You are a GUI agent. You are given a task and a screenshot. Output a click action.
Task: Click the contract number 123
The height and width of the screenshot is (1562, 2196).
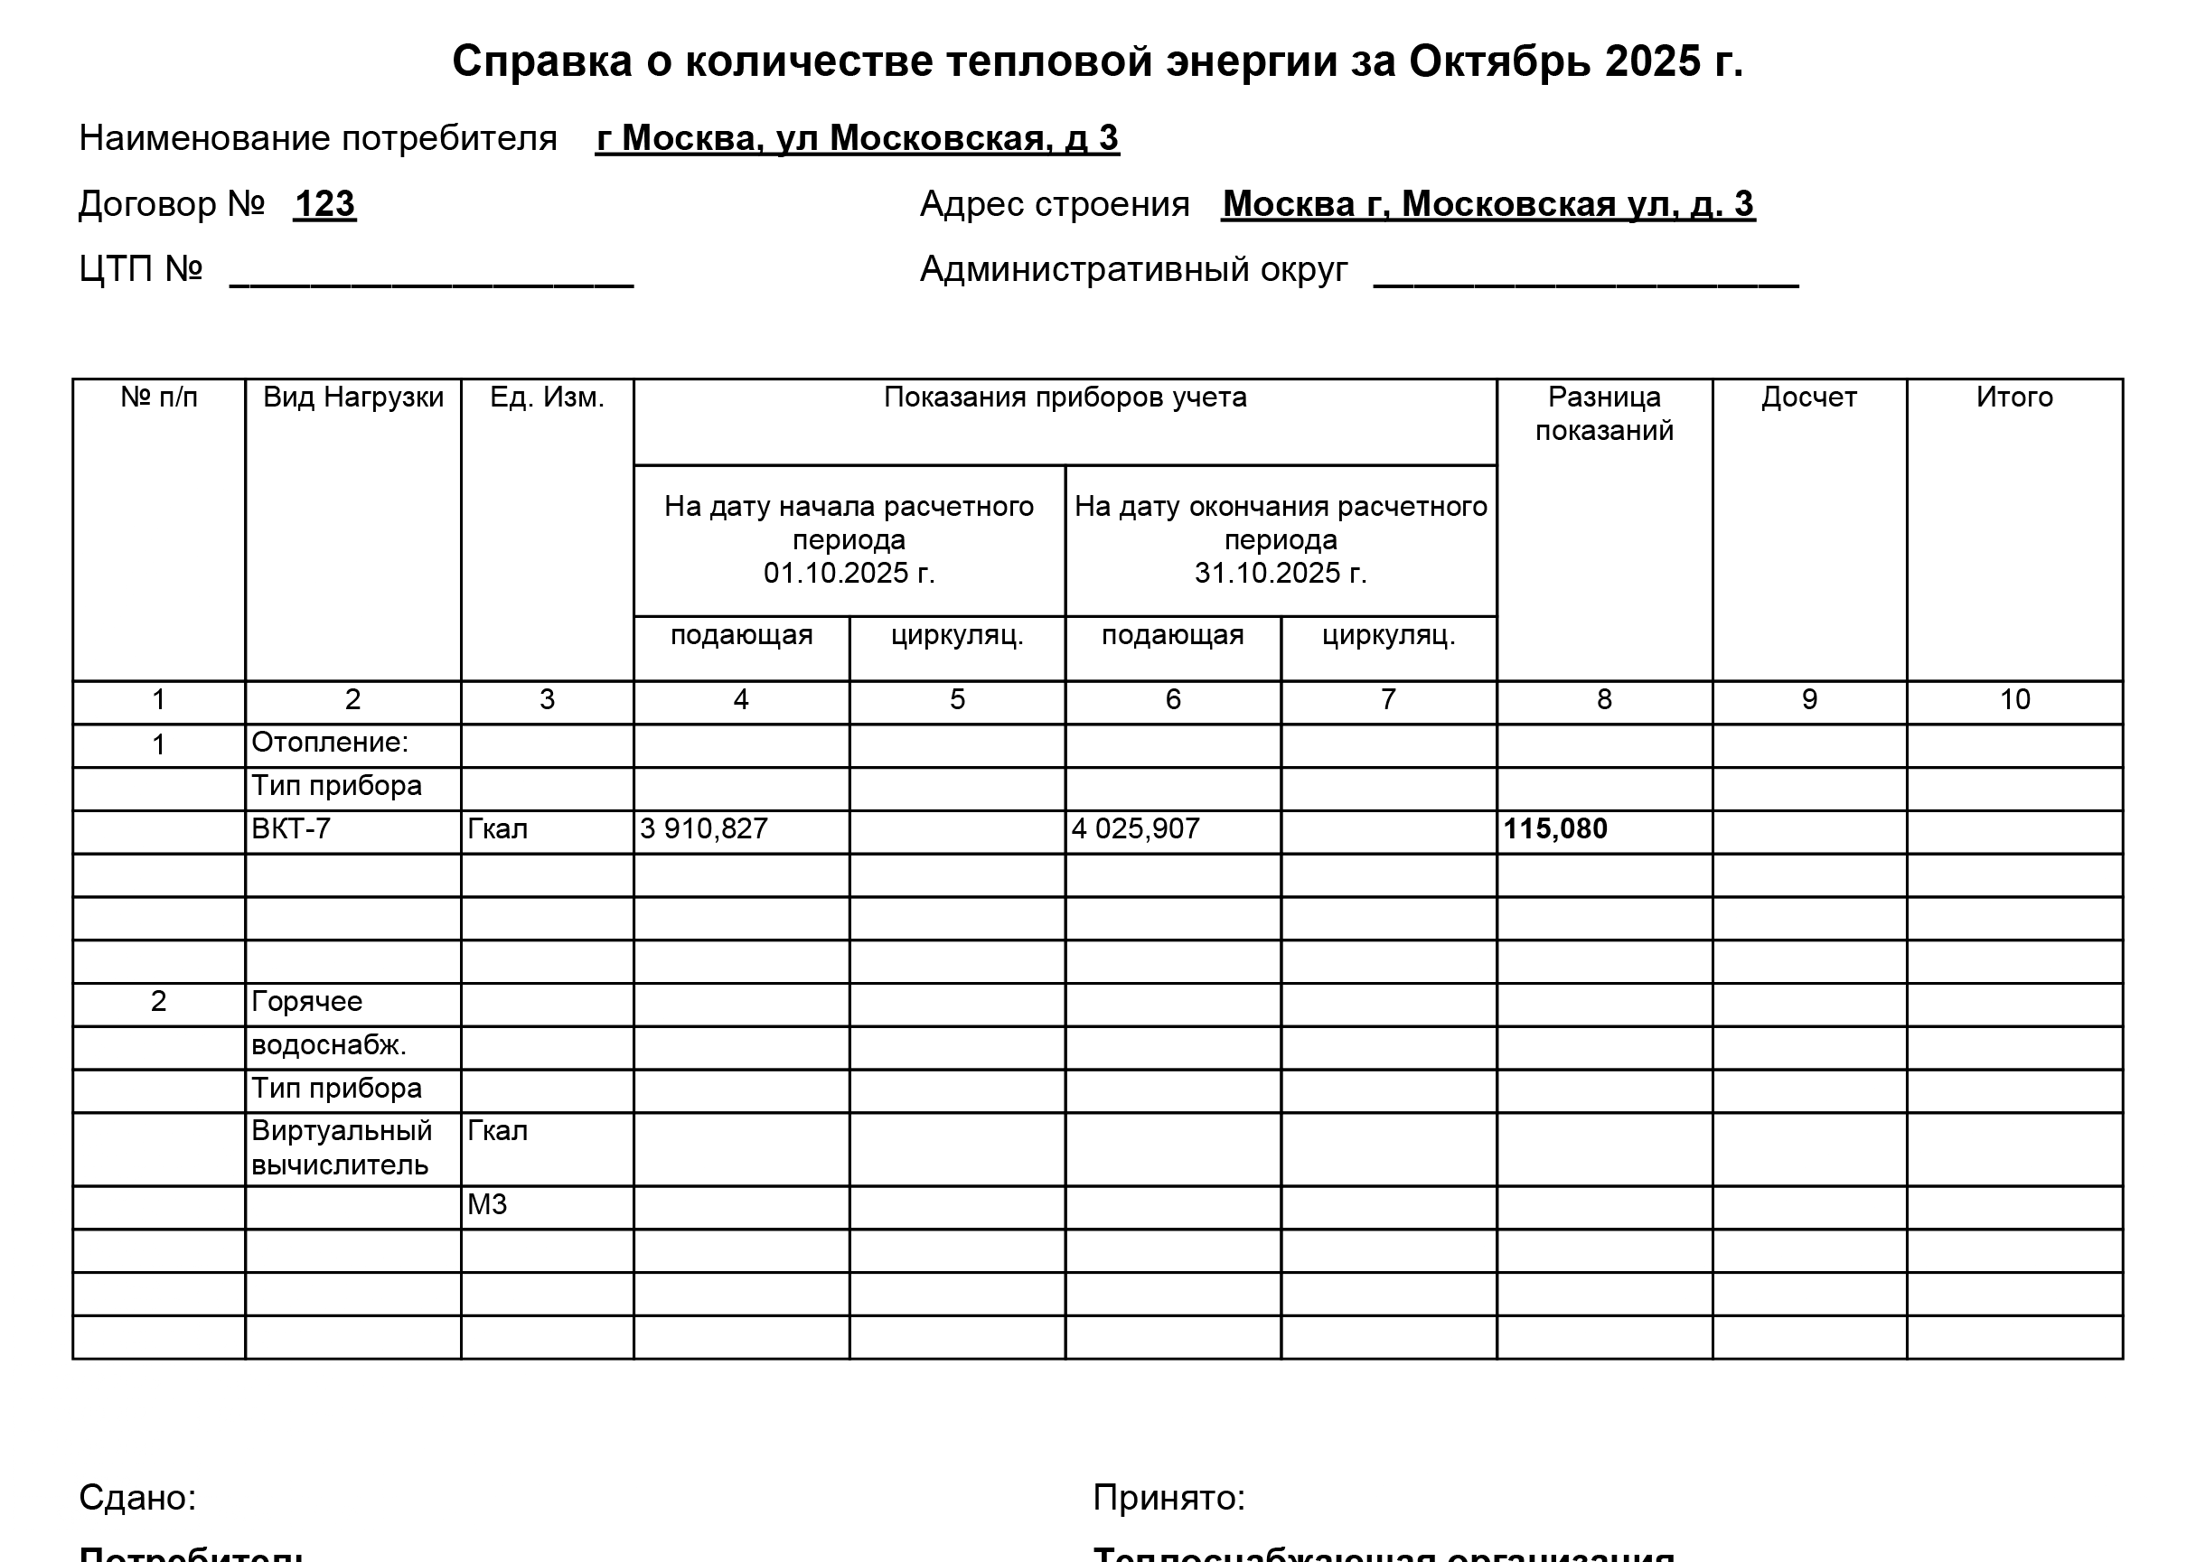click(x=324, y=204)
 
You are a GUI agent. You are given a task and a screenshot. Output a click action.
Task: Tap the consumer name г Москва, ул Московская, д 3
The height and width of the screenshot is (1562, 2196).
click(x=857, y=138)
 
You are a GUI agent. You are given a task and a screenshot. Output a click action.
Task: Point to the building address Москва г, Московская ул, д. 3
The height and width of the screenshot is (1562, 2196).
click(x=1488, y=204)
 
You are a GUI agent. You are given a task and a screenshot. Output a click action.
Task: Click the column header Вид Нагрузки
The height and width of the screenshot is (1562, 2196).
click(x=353, y=398)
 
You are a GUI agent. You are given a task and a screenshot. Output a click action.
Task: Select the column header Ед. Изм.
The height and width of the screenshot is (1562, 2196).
click(x=547, y=398)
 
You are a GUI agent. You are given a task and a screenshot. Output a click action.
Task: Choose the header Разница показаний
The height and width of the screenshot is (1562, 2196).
click(x=1603, y=414)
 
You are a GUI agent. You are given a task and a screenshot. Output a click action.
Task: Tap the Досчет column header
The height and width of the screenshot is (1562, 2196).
click(x=1808, y=398)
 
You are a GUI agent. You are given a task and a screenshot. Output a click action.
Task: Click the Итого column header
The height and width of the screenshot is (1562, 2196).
click(x=2014, y=398)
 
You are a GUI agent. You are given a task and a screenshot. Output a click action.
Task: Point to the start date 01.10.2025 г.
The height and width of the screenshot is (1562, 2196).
click(x=849, y=574)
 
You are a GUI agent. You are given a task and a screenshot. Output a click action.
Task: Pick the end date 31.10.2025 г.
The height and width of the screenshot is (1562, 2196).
click(x=1281, y=574)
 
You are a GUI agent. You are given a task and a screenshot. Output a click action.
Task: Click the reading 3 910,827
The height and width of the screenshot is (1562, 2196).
click(x=704, y=829)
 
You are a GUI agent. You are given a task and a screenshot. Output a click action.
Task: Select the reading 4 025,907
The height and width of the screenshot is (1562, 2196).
click(x=1135, y=829)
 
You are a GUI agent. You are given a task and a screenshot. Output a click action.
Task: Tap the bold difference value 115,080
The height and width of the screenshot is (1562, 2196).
click(x=1554, y=829)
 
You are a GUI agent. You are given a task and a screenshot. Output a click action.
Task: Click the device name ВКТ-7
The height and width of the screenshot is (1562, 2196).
click(x=290, y=829)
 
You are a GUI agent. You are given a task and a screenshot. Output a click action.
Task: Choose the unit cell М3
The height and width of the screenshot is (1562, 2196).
click(x=487, y=1205)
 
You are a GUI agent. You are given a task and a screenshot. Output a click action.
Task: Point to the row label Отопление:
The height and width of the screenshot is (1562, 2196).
click(x=330, y=743)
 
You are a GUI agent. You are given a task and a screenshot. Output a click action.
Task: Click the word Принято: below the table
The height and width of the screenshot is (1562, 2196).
click(x=1168, y=1498)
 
